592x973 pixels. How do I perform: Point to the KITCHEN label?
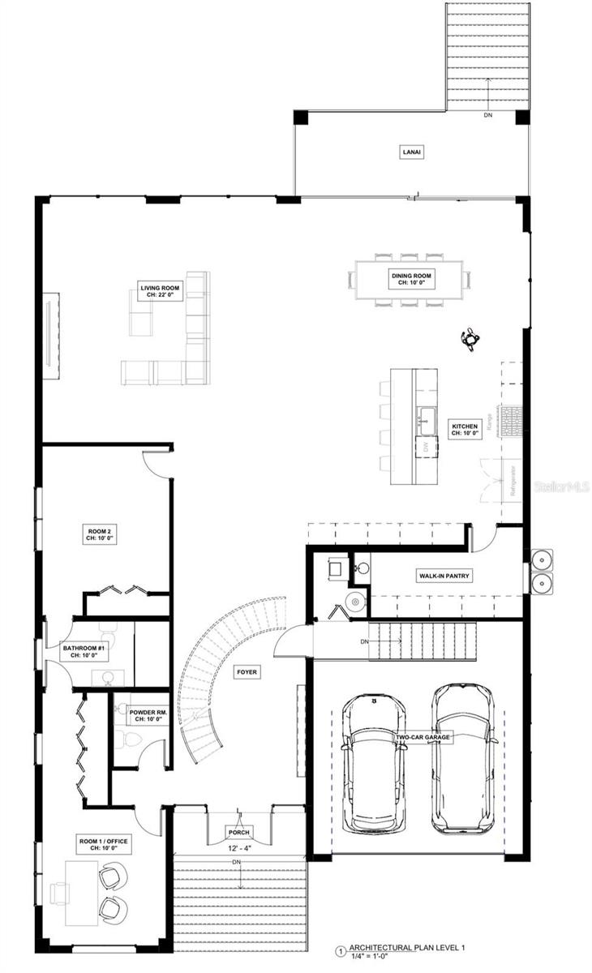[x=465, y=430]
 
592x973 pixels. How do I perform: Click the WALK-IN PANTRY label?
[x=444, y=576]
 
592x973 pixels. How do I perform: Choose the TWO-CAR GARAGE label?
[x=423, y=738]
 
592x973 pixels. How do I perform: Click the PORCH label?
[x=239, y=833]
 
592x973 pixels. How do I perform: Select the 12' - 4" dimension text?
[x=239, y=848]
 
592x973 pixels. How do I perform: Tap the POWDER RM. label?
[x=148, y=715]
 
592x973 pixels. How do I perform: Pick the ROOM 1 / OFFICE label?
[x=103, y=845]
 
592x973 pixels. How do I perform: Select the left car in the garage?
[x=374, y=765]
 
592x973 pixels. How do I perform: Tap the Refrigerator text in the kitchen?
[x=511, y=482]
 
